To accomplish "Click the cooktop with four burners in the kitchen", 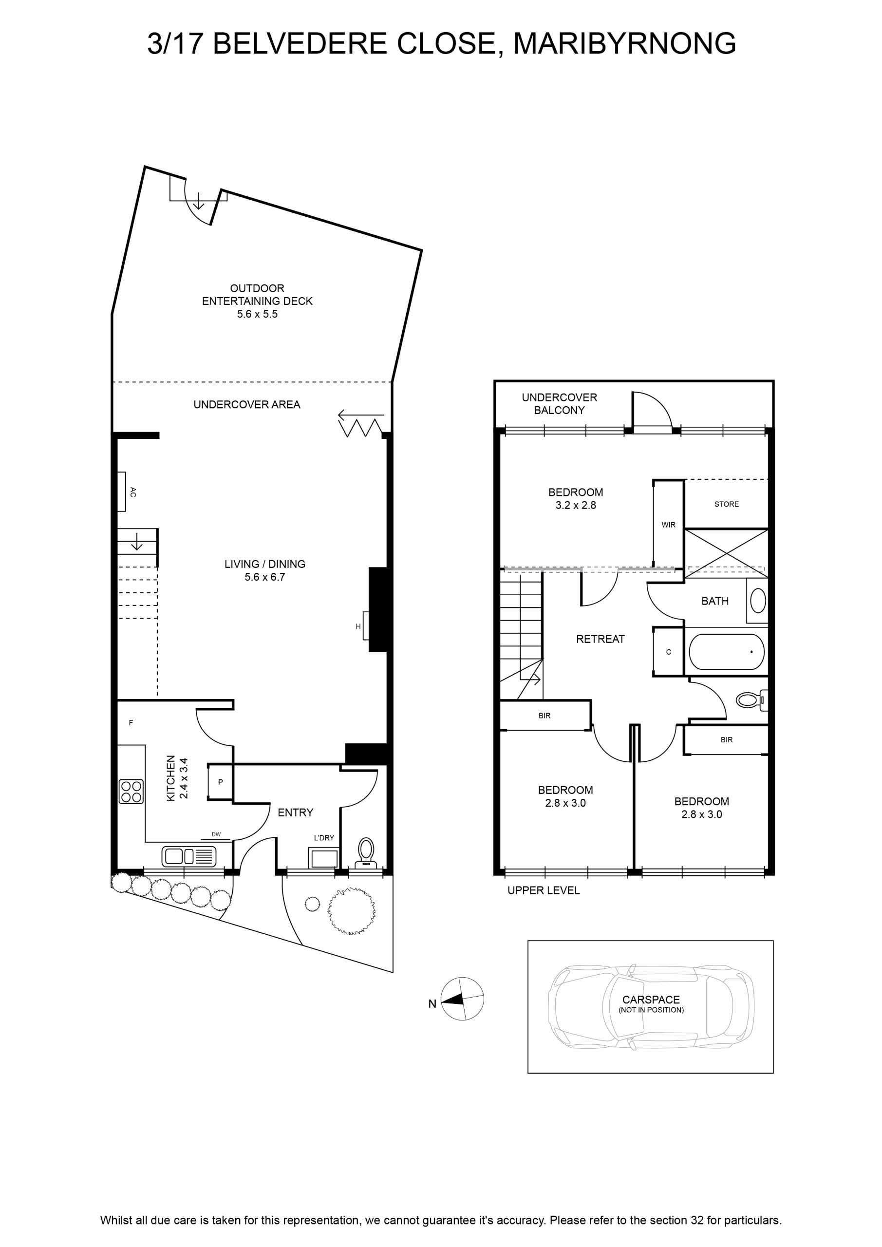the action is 131,792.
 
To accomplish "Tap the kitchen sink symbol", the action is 188,856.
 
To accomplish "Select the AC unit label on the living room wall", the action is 133,492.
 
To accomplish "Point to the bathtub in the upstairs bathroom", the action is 727,652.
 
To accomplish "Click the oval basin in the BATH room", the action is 758,601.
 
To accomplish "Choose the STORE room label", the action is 726,504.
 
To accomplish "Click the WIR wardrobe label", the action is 668,525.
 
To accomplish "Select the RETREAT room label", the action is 600,639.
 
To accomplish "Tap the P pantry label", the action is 221,782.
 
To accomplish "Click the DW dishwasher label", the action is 216,834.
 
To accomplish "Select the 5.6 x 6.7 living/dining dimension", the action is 264,577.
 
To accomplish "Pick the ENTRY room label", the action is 296,812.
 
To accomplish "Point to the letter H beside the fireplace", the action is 358,626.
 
